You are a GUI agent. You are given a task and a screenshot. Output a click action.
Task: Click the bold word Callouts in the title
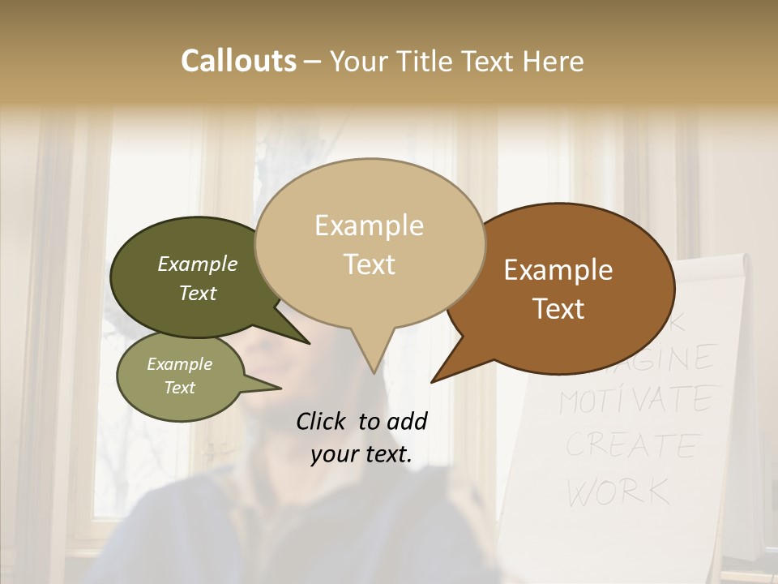pos(238,61)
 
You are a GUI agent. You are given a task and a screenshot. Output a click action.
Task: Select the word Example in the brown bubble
pos(558,270)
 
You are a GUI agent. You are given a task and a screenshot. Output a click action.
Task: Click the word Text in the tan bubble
pos(370,264)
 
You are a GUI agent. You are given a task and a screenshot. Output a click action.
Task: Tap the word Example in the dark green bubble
pos(198,264)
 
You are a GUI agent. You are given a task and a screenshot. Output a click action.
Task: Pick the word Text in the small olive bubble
pos(180,388)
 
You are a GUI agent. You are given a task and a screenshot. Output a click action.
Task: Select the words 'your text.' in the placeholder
pos(361,454)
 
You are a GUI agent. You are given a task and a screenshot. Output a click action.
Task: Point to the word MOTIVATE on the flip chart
pos(637,399)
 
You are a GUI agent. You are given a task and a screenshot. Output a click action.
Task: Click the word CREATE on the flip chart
pos(631,444)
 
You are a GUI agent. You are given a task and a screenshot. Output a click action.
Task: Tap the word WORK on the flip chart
pos(618,491)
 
